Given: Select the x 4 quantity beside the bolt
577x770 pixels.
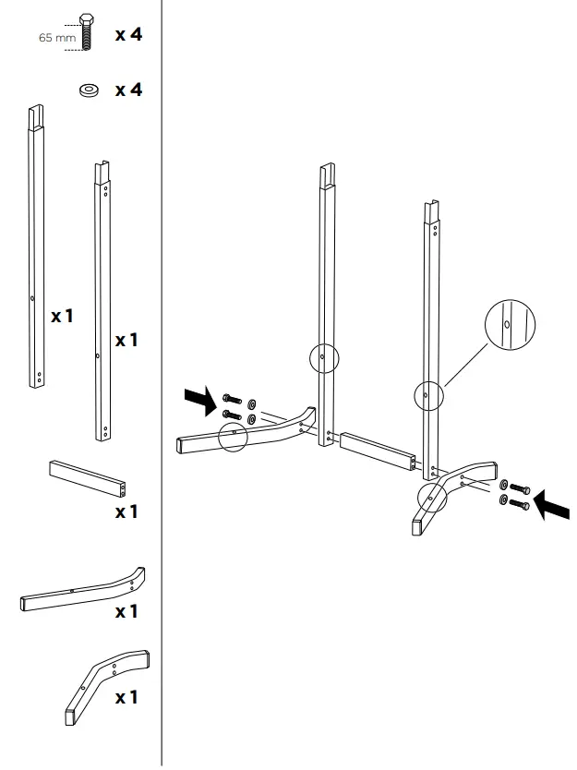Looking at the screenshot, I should click(x=128, y=35).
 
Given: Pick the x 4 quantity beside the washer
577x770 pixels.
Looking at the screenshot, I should click(x=128, y=90).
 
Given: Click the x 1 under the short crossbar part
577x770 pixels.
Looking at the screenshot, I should click(x=126, y=511).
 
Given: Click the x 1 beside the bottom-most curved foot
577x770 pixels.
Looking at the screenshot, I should click(x=126, y=697).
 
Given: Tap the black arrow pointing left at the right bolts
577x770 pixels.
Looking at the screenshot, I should click(x=551, y=504).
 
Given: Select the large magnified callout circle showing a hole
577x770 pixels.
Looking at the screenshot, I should click(x=510, y=325).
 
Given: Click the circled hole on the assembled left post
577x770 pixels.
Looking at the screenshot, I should click(x=322, y=356).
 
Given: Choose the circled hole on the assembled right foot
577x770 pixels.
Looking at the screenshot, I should click(x=432, y=497).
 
